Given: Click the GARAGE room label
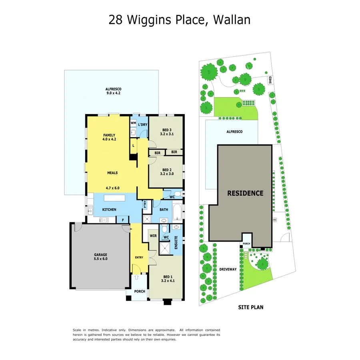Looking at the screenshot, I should (x=100, y=254).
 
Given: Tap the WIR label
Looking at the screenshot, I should (x=153, y=236).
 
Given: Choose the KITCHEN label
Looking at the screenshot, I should (x=109, y=210).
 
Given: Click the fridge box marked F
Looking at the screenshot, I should (x=122, y=219).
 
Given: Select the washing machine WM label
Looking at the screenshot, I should (x=133, y=123).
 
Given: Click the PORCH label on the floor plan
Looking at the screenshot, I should (x=140, y=291).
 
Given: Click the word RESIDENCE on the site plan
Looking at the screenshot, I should (x=245, y=193).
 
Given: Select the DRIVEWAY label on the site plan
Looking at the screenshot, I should (x=228, y=269).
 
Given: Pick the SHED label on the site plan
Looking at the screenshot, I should (x=270, y=80).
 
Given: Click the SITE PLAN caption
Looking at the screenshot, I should (x=251, y=308).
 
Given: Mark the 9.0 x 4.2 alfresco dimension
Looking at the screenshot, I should (x=113, y=93).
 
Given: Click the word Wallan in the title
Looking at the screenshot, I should (x=232, y=19).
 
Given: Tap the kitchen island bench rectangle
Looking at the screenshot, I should (x=114, y=198).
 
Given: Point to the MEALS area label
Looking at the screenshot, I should (x=112, y=173).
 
